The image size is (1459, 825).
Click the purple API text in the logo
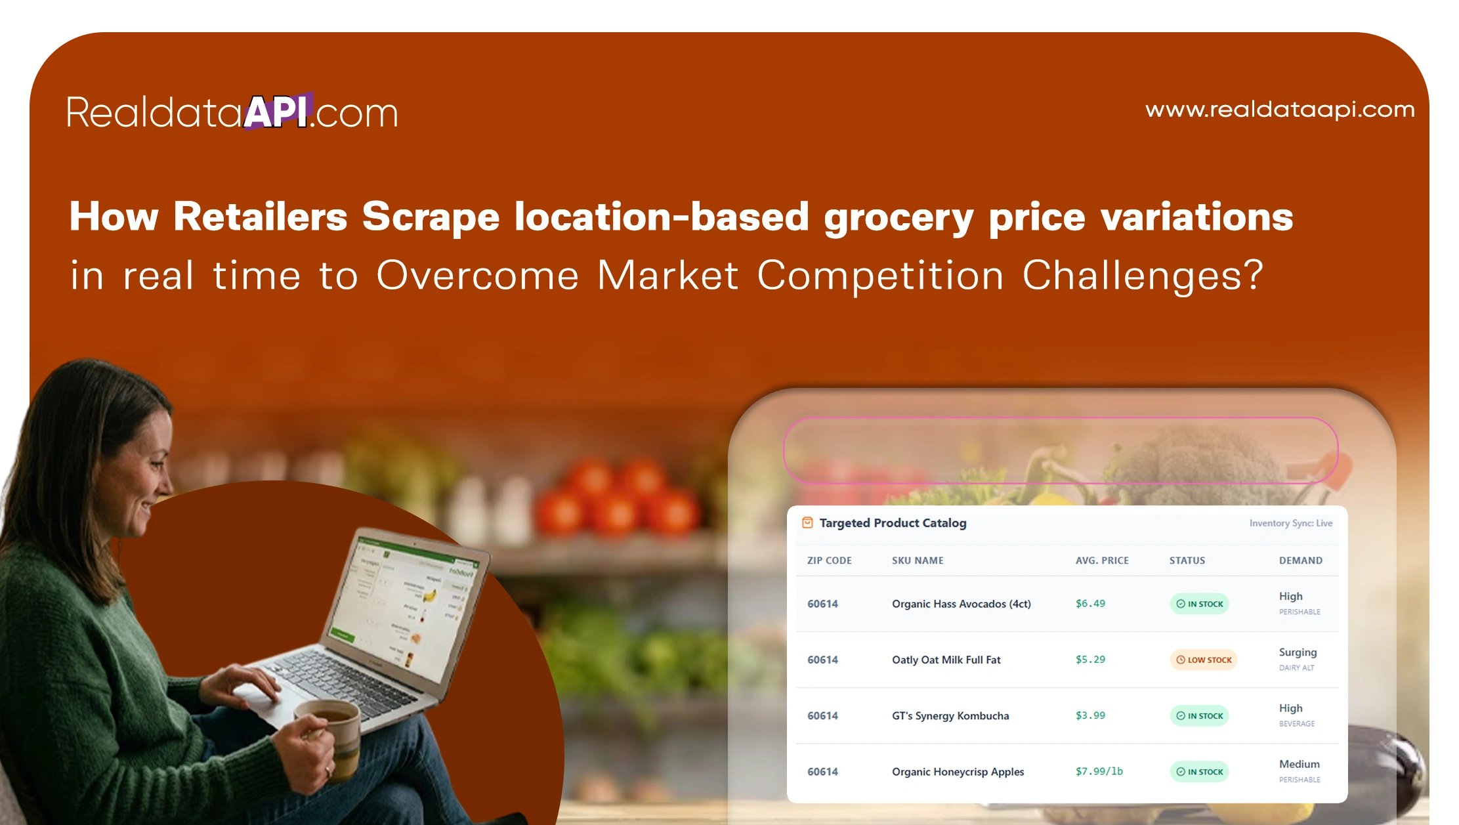(x=276, y=111)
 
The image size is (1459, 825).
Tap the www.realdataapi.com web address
(x=1280, y=109)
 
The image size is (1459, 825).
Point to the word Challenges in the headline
(x=1142, y=275)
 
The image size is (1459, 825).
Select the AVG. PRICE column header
(x=1102, y=561)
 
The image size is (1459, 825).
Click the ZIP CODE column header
(x=829, y=561)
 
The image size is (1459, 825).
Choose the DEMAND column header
(x=1300, y=561)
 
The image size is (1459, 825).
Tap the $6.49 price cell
(x=1090, y=603)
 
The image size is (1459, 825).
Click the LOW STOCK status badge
(x=1204, y=660)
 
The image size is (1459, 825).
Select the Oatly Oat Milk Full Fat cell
(x=946, y=660)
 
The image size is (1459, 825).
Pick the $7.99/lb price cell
(x=1099, y=771)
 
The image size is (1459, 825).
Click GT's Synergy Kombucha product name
(x=950, y=715)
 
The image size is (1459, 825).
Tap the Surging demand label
(x=1298, y=652)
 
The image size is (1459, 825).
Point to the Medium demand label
(x=1299, y=764)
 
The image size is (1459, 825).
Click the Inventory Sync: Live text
(x=1290, y=523)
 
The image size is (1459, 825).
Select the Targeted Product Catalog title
(x=893, y=523)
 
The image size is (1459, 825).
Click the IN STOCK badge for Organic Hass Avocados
(x=1199, y=604)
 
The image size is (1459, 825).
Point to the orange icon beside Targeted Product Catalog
(x=807, y=523)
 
